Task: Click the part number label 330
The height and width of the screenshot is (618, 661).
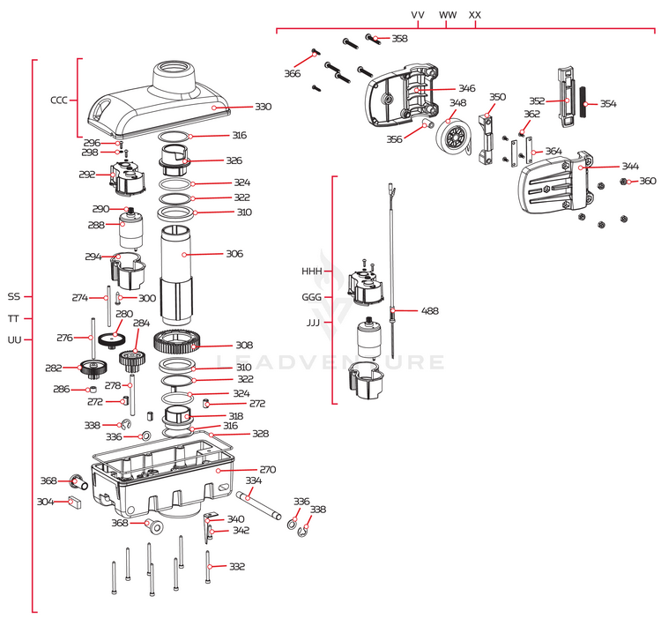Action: [x=264, y=107]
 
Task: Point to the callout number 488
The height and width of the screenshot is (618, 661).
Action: [x=430, y=311]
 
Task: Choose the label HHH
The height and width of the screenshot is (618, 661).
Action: [x=312, y=272]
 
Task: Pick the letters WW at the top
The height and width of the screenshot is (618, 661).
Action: [x=448, y=15]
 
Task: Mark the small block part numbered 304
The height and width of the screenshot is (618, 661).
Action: [x=74, y=503]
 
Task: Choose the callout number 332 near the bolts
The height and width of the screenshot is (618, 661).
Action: [x=237, y=567]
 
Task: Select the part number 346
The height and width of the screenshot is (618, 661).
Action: [x=466, y=89]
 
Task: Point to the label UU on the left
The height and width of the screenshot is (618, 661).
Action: [x=14, y=340]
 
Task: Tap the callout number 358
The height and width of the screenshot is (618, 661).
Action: [x=399, y=39]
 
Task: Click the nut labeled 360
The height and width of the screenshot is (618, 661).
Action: [x=624, y=182]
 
